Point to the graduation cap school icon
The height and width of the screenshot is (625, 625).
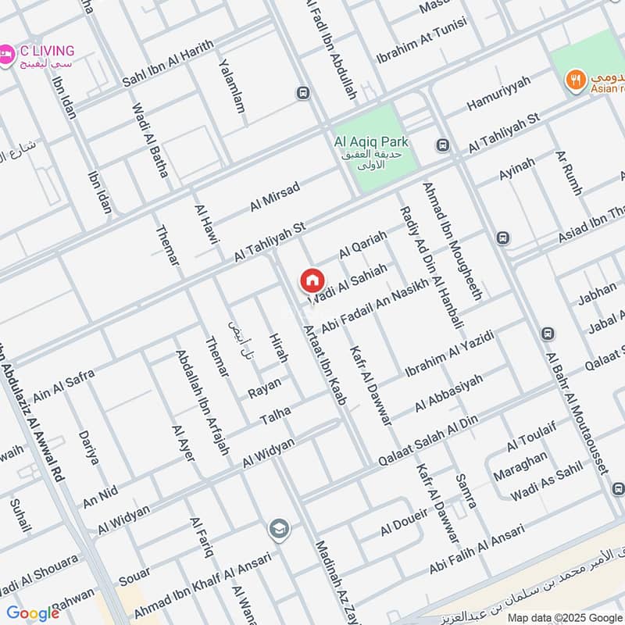pos(277,530)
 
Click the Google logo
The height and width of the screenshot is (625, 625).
pos(32,612)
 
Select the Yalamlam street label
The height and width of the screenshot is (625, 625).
pos(231,86)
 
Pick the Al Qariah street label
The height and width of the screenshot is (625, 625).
pos(362,245)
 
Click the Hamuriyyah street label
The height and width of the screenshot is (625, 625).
pos(498,93)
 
